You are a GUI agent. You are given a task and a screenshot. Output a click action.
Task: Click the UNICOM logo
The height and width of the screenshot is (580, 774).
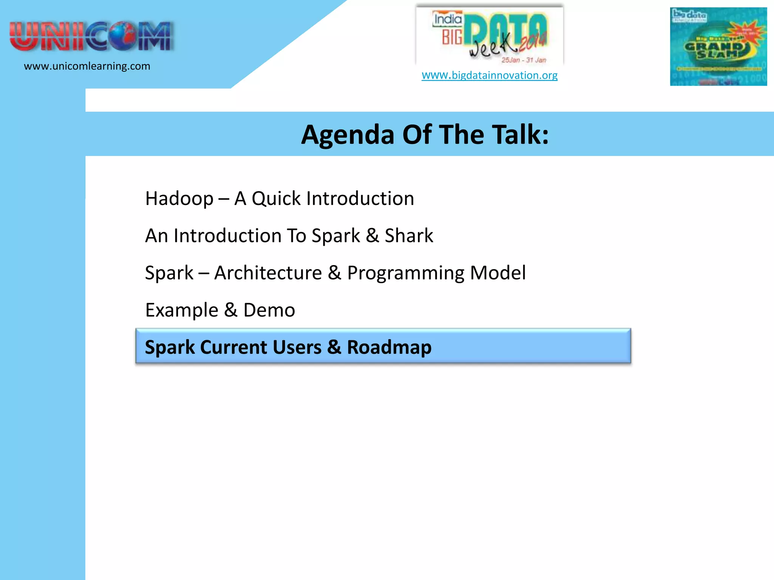pos(91,36)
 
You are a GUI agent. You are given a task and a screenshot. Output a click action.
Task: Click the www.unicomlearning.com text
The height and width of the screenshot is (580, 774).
pos(87,66)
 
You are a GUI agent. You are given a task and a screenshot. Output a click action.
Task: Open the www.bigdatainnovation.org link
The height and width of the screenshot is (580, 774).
pos(489,75)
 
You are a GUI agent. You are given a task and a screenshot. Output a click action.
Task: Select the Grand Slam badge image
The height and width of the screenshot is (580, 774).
pos(718,46)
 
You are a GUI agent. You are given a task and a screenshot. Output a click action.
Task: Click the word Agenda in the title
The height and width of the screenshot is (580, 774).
pos(347,135)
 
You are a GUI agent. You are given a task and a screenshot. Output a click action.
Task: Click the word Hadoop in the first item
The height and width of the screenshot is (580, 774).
pos(179,199)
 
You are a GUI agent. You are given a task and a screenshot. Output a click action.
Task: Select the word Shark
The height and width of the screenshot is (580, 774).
pos(409,236)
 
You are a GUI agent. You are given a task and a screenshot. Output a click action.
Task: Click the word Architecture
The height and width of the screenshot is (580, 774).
pos(268,273)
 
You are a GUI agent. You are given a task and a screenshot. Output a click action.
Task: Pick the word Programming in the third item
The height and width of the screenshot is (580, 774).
pos(406,273)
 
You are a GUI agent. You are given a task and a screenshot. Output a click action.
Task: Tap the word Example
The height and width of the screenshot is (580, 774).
pos(181,310)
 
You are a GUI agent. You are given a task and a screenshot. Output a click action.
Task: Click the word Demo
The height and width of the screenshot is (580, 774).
pos(269,310)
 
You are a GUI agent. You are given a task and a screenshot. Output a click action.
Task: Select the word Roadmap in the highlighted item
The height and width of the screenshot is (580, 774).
pos(389,347)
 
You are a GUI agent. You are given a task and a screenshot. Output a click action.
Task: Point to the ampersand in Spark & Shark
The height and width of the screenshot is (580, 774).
pos(372,236)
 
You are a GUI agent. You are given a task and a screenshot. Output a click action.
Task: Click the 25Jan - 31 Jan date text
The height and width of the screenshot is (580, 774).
pos(523,60)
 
